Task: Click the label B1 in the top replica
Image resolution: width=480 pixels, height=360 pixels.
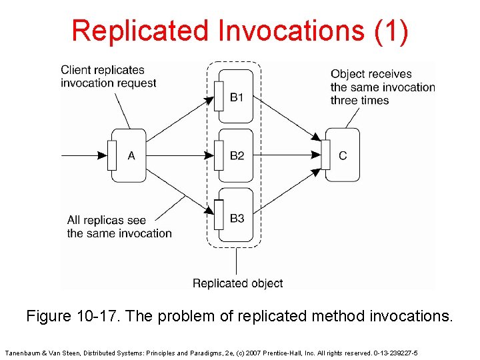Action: [x=237, y=98]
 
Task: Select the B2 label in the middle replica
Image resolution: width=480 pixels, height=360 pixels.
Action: [x=237, y=156]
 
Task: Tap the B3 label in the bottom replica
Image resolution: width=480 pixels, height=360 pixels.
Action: [x=237, y=218]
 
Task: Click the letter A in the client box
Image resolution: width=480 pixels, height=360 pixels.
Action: [x=131, y=156]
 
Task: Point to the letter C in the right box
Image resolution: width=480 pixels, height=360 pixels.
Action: [x=343, y=156]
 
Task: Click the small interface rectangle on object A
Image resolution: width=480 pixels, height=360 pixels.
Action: [x=112, y=155]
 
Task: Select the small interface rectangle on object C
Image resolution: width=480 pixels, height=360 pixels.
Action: [x=326, y=155]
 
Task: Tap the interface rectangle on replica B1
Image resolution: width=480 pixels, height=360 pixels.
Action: [x=218, y=96]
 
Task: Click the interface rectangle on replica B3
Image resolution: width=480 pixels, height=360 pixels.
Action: [x=218, y=215]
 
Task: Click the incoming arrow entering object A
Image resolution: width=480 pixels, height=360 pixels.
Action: [x=83, y=156]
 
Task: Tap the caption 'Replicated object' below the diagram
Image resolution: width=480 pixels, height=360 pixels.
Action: [x=237, y=283]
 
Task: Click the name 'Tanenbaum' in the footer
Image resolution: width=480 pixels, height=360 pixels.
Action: [x=23, y=352]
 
